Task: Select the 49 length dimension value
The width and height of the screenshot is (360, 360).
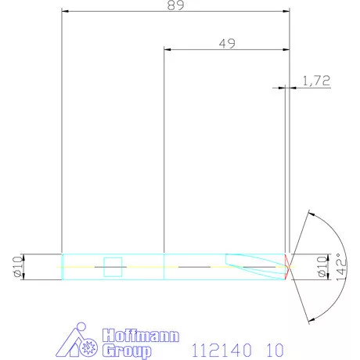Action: point(227,44)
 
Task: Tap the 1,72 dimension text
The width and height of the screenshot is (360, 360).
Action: point(315,81)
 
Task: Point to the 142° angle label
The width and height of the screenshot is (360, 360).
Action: point(339,266)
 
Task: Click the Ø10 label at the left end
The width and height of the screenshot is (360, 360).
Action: point(16,266)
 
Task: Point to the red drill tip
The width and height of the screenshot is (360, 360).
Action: point(288,266)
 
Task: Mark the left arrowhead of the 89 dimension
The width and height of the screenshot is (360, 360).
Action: point(65,11)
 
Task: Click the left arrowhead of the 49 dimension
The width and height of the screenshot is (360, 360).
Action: point(167,49)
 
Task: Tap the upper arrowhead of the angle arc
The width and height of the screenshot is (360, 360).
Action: point(311,213)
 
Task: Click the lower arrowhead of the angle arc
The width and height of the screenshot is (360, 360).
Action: point(311,319)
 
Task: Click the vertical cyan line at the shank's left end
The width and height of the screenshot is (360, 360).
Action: point(62,266)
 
